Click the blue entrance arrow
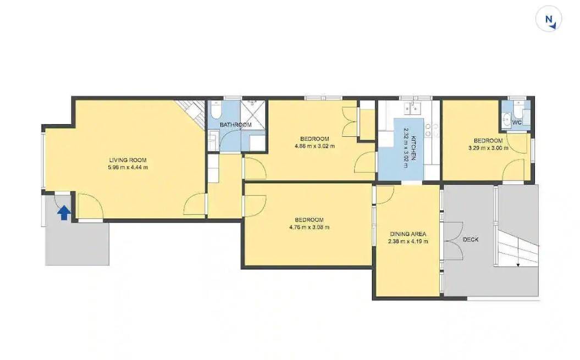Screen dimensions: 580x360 click(64, 213)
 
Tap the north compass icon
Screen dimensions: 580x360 click(549, 19)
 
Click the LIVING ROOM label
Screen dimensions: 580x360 click(128, 160)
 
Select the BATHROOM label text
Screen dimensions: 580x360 click(236, 125)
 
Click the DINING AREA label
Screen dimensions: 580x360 click(408, 234)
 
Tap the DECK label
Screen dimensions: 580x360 click(471, 240)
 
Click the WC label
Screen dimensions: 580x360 click(517, 122)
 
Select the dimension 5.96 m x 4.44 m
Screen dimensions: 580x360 click(128, 167)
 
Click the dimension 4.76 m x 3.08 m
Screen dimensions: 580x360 click(309, 227)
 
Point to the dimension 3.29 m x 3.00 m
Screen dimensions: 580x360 click(488, 148)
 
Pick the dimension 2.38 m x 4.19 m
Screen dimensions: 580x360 click(408, 242)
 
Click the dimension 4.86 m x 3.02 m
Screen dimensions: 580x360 click(314, 146)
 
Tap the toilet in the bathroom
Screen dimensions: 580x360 click(215, 108)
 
